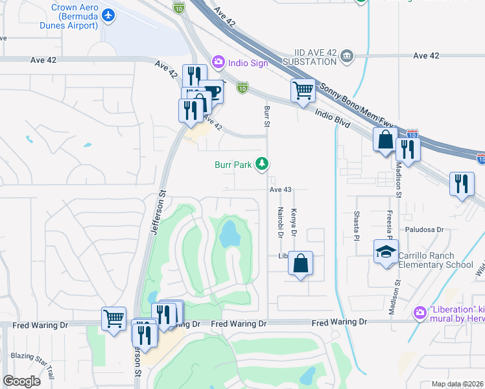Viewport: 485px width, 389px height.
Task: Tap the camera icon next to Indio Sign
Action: click(x=218, y=62)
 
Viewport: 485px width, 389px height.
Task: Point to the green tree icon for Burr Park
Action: click(x=262, y=164)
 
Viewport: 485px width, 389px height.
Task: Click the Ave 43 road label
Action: click(x=281, y=189)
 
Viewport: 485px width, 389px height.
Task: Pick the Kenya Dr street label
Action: click(x=293, y=222)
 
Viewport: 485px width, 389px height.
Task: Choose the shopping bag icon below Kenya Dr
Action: click(x=300, y=263)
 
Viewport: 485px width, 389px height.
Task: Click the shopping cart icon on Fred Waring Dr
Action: click(x=113, y=318)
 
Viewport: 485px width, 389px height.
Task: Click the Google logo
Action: click(x=21, y=381)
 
